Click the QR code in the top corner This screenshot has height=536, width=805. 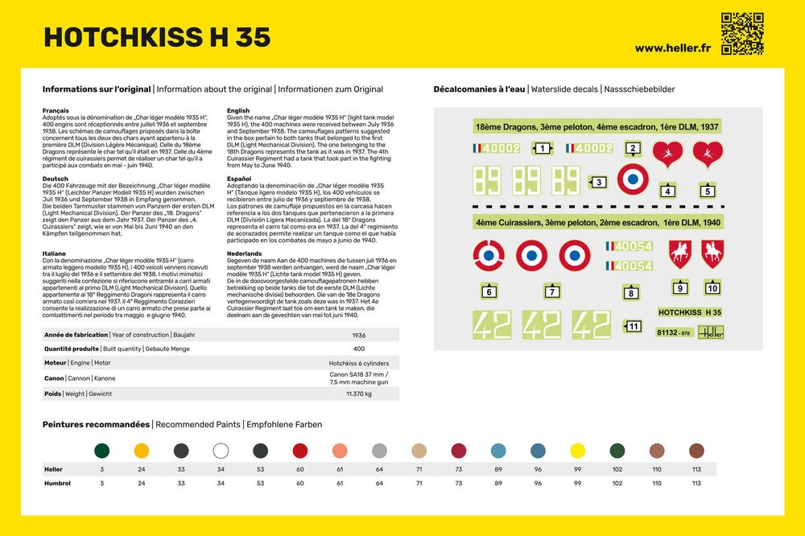click(741, 33)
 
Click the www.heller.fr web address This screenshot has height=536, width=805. click(672, 48)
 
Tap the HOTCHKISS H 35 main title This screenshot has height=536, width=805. click(157, 37)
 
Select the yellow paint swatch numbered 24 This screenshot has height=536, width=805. click(141, 451)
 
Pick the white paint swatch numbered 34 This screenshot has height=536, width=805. click(221, 451)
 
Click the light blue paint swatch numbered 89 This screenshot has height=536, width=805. click(498, 451)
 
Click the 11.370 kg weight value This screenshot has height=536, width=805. click(359, 394)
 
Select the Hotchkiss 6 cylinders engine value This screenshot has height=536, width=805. click(359, 363)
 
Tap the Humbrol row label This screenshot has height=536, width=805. click(57, 483)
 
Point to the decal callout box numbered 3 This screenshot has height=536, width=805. click(597, 183)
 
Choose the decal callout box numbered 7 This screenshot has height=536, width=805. click(551, 291)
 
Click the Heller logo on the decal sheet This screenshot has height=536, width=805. click(711, 332)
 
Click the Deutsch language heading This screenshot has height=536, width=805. click(56, 179)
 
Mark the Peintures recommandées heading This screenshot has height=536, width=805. click(96, 424)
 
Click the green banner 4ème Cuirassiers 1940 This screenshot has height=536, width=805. click(597, 221)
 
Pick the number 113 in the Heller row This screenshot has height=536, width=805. click(696, 469)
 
